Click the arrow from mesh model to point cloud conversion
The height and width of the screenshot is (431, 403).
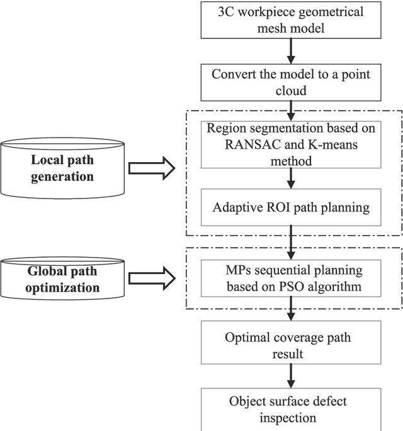pos(290,50)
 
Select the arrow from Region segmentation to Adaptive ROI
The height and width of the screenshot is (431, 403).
pos(290,178)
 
